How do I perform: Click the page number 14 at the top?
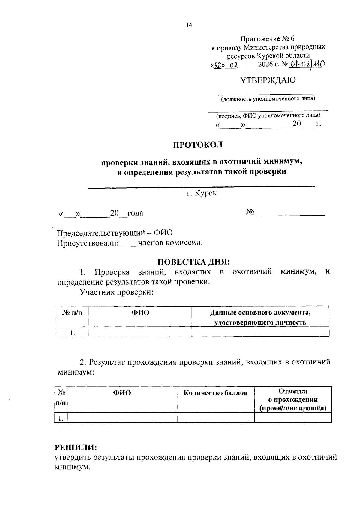click(x=189, y=25)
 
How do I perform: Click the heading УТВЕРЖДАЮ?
click(x=268, y=80)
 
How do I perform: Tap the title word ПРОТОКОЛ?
click(x=198, y=145)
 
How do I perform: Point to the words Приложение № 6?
click(x=268, y=39)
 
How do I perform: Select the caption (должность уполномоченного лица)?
click(x=268, y=99)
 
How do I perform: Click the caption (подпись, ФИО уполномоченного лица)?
click(x=268, y=116)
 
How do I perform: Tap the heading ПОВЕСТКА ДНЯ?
click(x=193, y=262)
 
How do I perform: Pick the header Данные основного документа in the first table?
click(x=260, y=313)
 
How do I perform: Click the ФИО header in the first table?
click(x=140, y=313)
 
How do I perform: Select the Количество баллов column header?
click(x=215, y=393)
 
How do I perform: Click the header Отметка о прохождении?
click(x=293, y=400)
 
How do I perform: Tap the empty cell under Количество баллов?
click(x=215, y=418)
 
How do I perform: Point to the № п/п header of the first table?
click(x=72, y=313)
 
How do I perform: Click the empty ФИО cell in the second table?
click(x=122, y=418)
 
